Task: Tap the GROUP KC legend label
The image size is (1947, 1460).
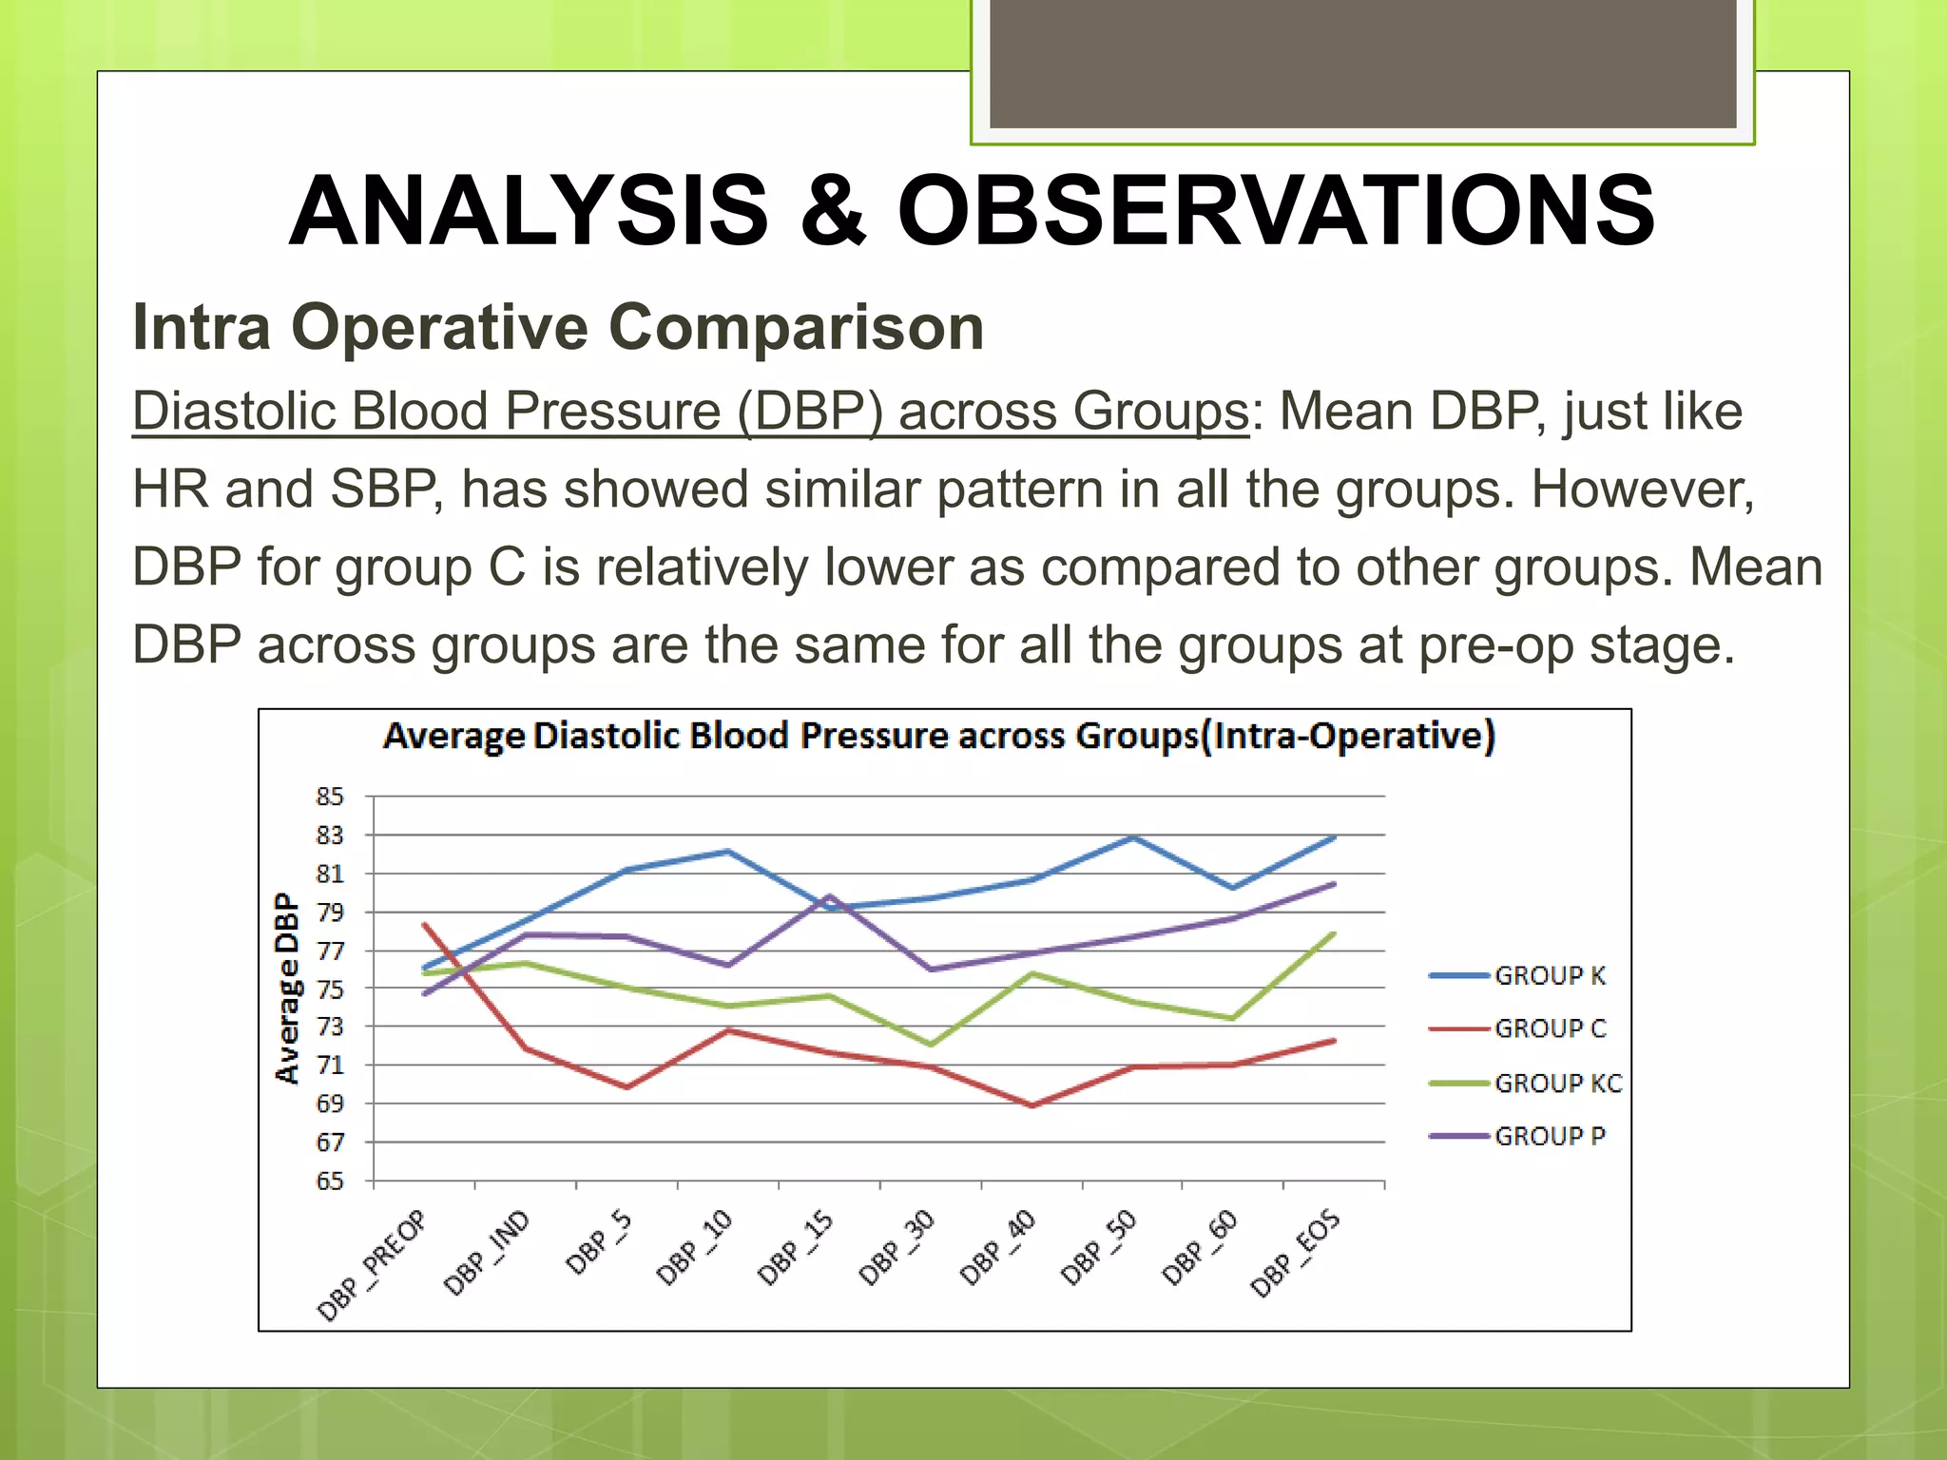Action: pos(1556,1083)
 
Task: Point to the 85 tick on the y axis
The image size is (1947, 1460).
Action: pos(330,797)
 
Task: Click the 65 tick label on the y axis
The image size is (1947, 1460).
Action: pos(330,1181)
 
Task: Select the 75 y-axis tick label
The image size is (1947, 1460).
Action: pos(330,989)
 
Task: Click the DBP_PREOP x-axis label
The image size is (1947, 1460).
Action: pos(373,1266)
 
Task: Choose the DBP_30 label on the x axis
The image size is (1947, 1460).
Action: pos(897,1249)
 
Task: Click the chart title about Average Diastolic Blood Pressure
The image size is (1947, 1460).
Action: pos(938,737)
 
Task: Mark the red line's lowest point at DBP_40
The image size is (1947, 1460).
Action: pos(1032,1105)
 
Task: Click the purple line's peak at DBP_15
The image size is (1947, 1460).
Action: pos(830,895)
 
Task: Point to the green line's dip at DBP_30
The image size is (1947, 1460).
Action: pos(931,1045)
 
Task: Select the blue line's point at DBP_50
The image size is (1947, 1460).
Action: pos(1133,837)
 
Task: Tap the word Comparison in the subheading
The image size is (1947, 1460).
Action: pos(795,327)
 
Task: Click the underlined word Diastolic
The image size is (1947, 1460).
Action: pos(233,412)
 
